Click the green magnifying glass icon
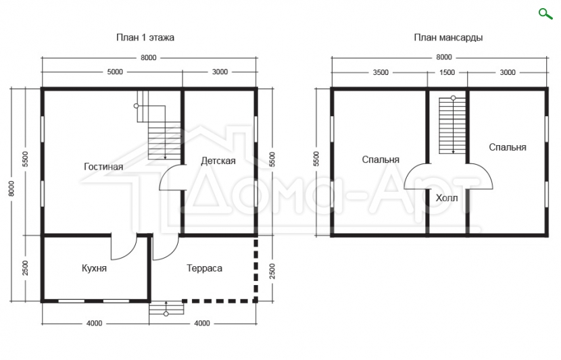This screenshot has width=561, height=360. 545,14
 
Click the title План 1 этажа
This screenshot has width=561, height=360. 145,38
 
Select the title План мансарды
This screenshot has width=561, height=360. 448,38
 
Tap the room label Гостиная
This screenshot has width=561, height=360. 103,167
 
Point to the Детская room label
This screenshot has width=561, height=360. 218,161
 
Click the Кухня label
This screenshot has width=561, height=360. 94,268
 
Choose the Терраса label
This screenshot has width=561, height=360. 204,268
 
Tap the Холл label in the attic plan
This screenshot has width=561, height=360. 447,198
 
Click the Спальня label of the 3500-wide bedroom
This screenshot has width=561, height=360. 381,159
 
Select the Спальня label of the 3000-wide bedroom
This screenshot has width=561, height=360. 508,147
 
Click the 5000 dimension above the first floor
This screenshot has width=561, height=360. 115,72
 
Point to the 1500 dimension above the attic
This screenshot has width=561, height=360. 447,72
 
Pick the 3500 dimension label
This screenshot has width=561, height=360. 381,72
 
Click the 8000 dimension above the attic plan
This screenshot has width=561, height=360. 443,57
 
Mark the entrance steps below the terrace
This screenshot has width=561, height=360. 166,308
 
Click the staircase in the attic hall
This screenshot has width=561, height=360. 453,125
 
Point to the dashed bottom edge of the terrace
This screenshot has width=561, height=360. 220,301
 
